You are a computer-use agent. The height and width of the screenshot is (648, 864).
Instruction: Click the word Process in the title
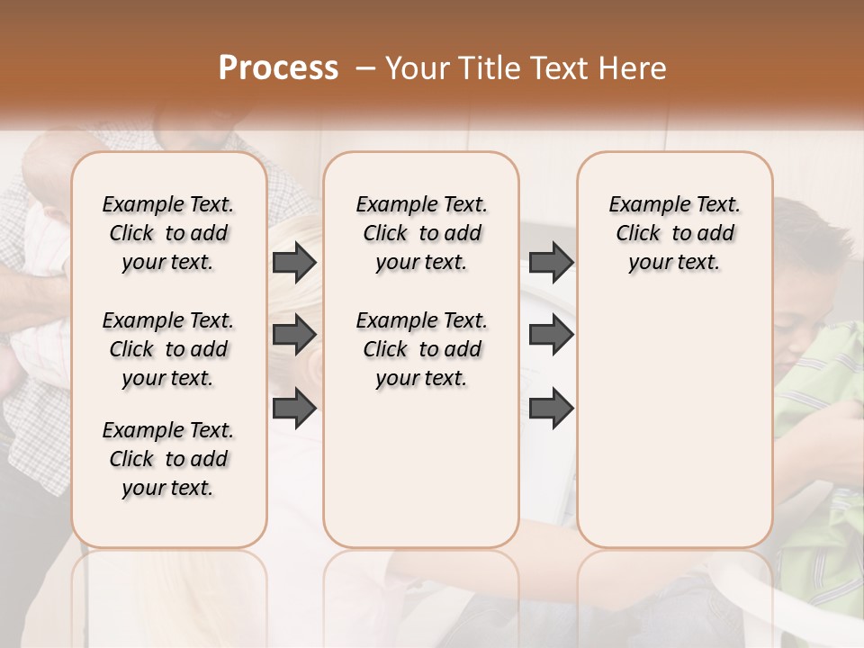[x=278, y=68]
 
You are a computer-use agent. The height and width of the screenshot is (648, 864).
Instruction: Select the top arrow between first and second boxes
[x=294, y=263]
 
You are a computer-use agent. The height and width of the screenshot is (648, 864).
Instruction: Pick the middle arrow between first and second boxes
[x=294, y=335]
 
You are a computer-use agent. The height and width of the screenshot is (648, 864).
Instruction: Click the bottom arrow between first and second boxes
[x=294, y=408]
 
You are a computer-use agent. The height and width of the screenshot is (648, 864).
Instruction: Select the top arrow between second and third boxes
[x=551, y=263]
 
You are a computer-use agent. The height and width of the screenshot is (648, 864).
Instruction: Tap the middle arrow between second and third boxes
[x=551, y=335]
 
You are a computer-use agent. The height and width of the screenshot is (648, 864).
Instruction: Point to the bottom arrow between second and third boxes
[x=551, y=408]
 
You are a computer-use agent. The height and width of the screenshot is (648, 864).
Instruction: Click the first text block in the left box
[x=168, y=233]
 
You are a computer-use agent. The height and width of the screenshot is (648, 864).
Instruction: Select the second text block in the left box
[x=168, y=349]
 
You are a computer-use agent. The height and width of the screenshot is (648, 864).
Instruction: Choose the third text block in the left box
[x=168, y=459]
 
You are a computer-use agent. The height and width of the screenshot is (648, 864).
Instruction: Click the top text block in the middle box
[x=421, y=233]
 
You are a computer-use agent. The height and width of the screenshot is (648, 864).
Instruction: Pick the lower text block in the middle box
[x=421, y=349]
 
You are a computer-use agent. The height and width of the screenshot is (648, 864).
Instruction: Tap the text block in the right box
[x=674, y=233]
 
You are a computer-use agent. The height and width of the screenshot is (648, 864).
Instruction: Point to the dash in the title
[x=364, y=68]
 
